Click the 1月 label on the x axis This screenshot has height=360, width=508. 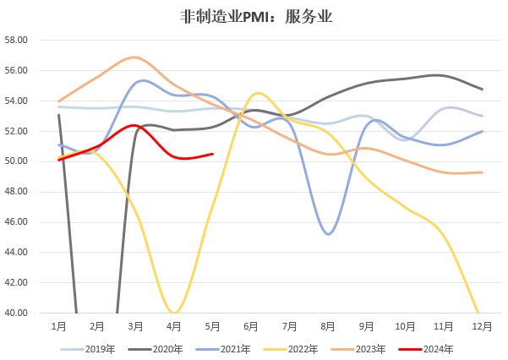tap(59, 325)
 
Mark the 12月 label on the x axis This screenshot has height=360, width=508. tap(482, 325)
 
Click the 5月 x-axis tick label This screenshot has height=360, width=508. tap(213, 325)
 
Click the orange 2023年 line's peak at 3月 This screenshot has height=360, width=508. tap(134, 57)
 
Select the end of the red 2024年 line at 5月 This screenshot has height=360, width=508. tap(213, 154)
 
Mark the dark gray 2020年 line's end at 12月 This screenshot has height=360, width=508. tap(482, 90)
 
